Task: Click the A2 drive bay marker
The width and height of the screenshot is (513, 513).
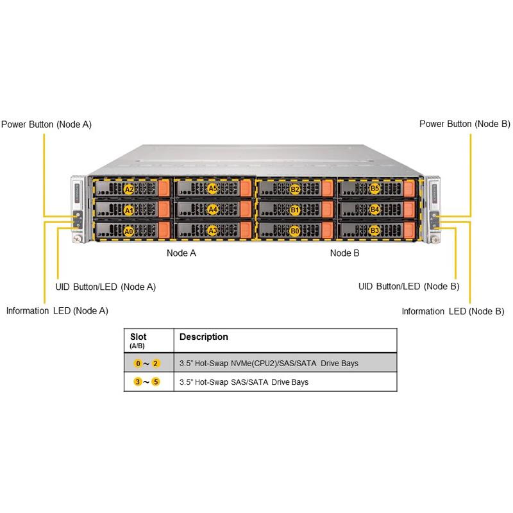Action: pos(128,189)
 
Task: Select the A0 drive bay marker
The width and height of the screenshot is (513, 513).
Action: pos(128,231)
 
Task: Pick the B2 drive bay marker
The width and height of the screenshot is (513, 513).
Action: pos(295,189)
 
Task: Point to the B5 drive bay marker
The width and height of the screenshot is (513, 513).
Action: pos(375,189)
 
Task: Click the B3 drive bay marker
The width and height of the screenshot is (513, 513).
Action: pos(375,230)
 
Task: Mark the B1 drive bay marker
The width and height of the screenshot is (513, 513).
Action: pos(295,210)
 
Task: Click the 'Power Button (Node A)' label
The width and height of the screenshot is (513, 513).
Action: pos(46,124)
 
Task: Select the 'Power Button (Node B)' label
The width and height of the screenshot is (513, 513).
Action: pos(465,124)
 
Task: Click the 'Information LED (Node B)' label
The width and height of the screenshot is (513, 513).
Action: pos(453,311)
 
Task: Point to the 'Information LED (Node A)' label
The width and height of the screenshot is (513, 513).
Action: pos(57,311)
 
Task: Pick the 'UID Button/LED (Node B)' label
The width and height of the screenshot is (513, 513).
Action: pos(408,286)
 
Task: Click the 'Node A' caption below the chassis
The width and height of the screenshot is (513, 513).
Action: pos(181,253)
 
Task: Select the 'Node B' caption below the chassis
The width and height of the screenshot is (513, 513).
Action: pos(345,253)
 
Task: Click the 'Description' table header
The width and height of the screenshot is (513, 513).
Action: pos(203,337)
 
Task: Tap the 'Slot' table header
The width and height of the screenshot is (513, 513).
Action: pos(138,337)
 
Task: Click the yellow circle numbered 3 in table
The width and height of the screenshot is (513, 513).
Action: pos(137,382)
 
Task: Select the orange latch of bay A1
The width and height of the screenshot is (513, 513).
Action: pos(163,210)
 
